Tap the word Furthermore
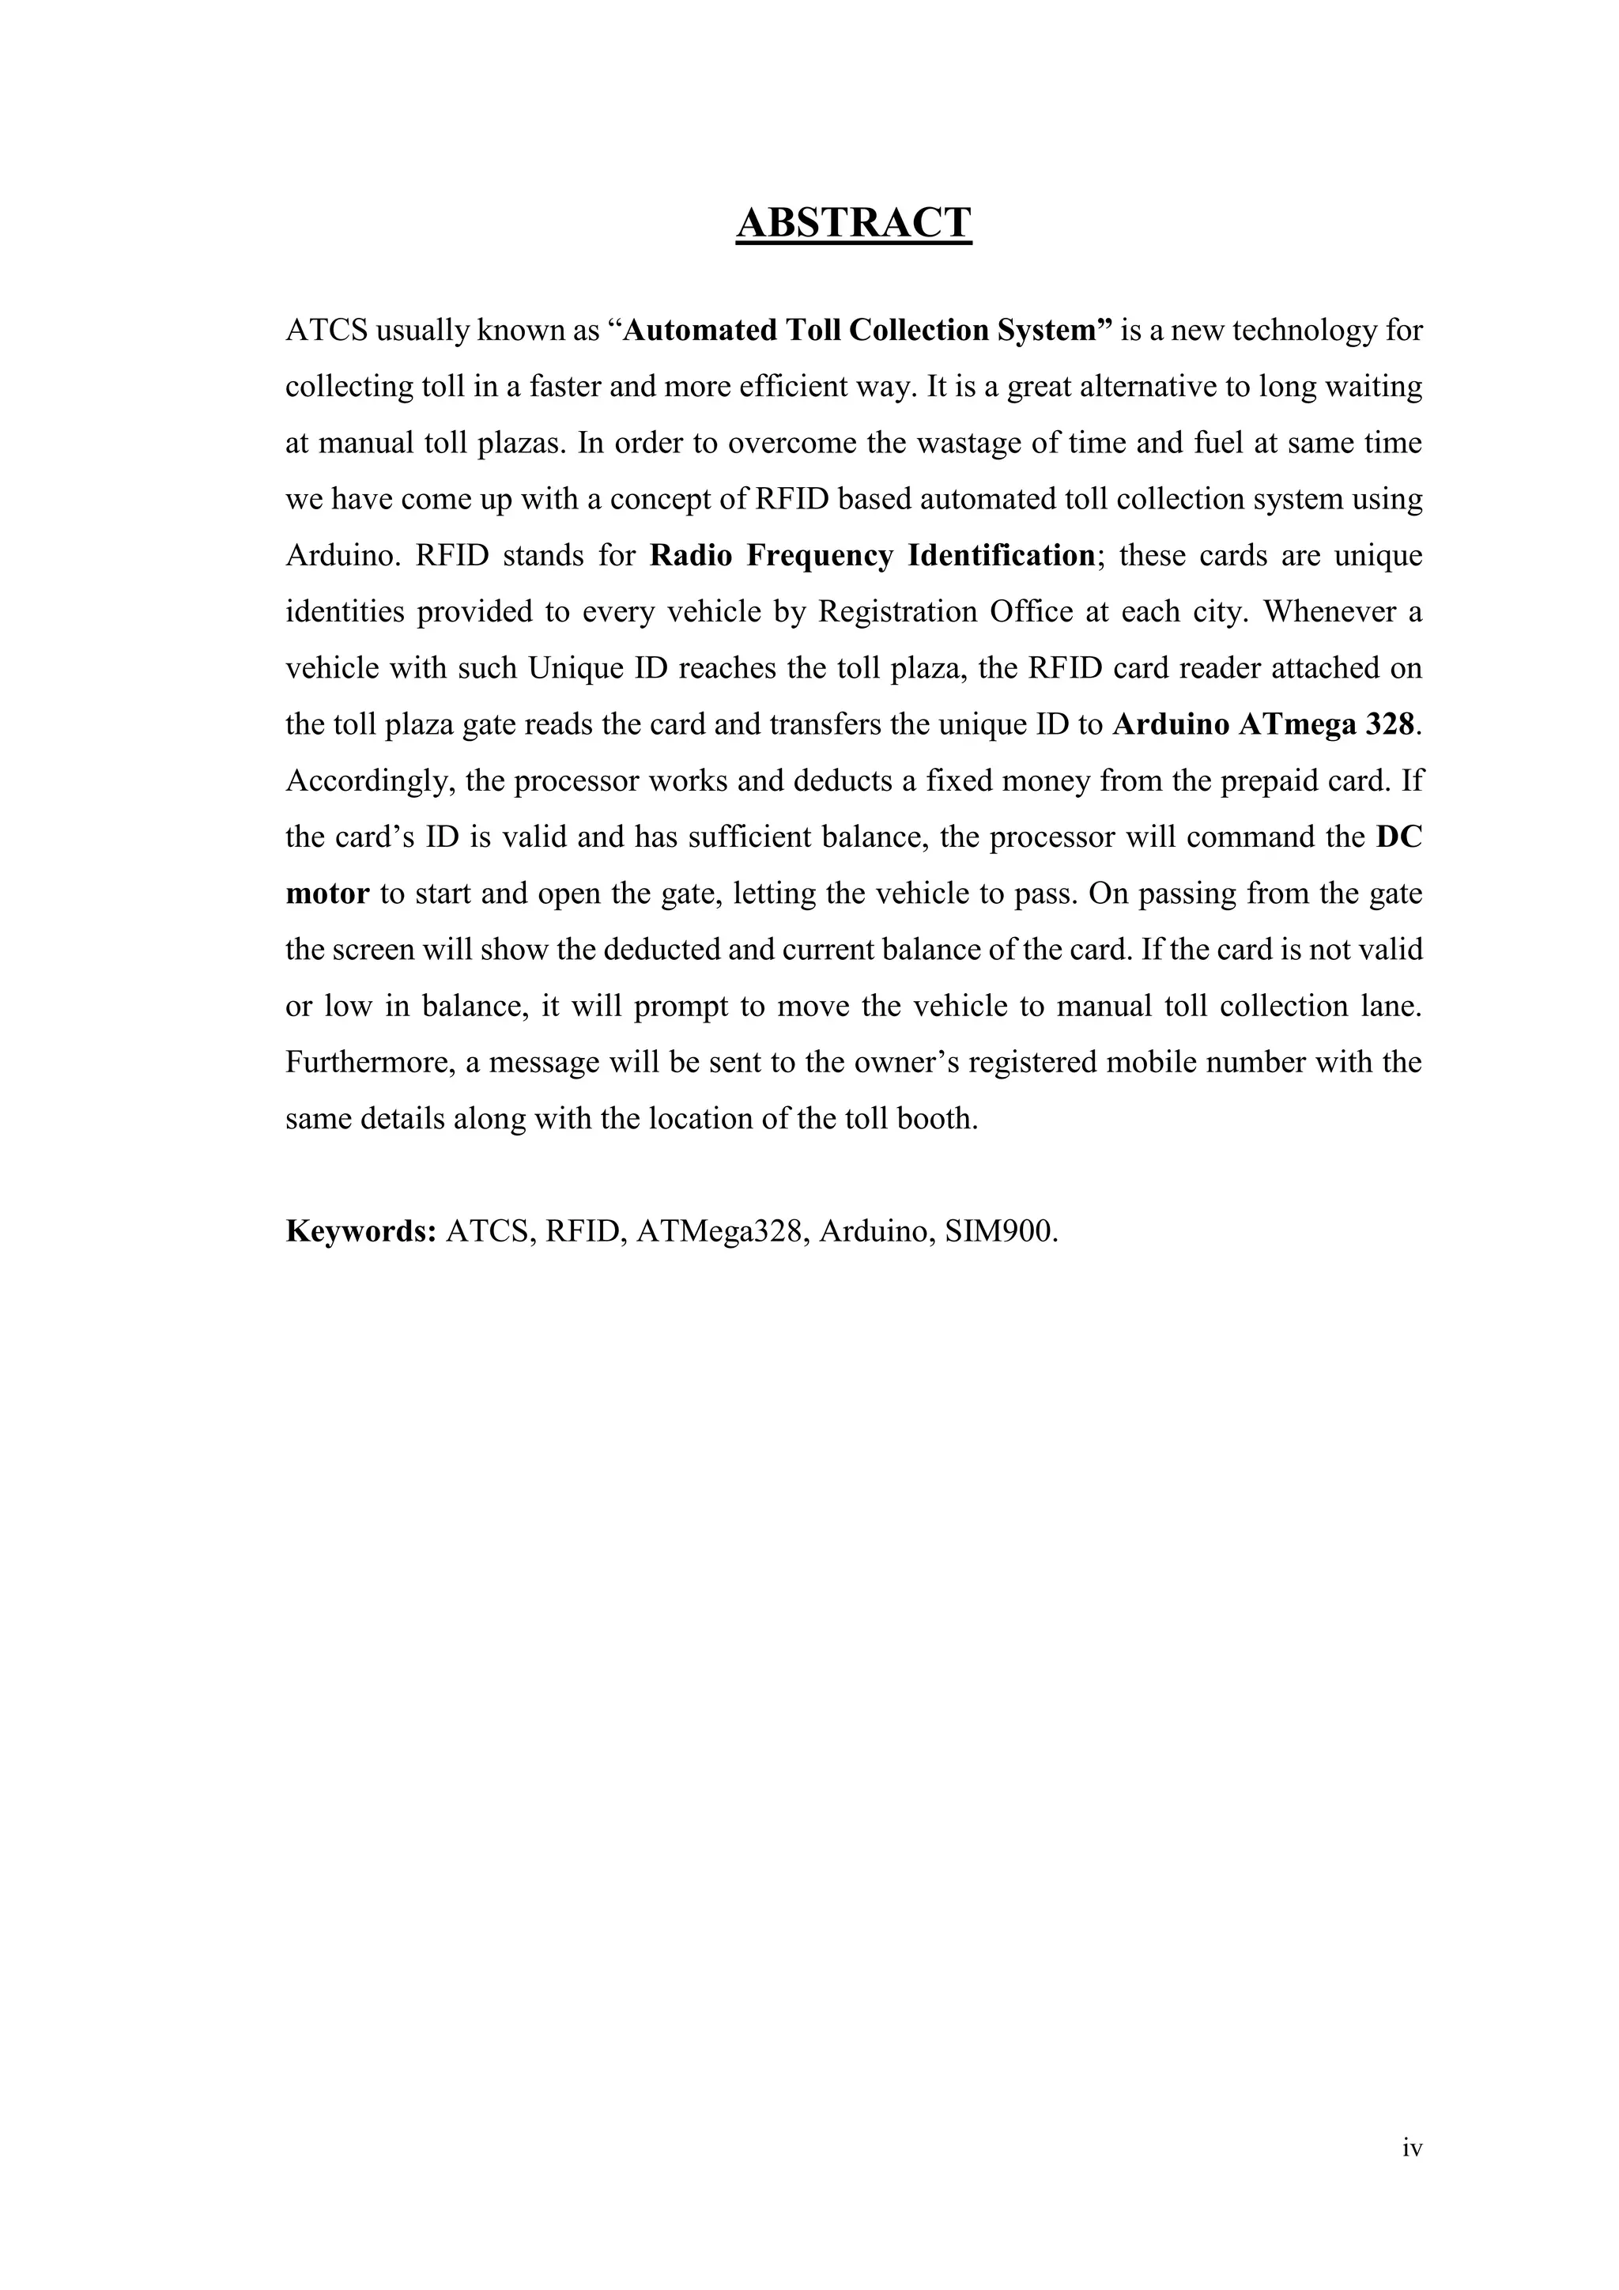tap(370, 1062)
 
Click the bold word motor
tap(327, 893)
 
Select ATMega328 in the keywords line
tap(718, 1230)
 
